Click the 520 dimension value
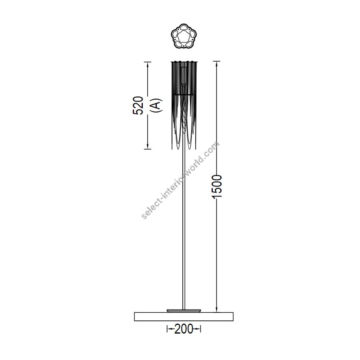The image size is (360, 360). tap(138, 105)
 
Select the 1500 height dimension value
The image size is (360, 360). tap(217, 186)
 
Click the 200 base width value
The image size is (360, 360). tap(184, 330)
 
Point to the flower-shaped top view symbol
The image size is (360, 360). tap(184, 36)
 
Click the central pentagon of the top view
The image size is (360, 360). tap(184, 36)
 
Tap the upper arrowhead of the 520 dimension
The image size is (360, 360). tap(147, 64)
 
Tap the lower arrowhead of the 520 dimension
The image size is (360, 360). tap(147, 146)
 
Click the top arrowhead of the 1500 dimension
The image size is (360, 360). tap(216, 64)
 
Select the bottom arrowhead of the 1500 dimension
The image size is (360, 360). tap(216, 309)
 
